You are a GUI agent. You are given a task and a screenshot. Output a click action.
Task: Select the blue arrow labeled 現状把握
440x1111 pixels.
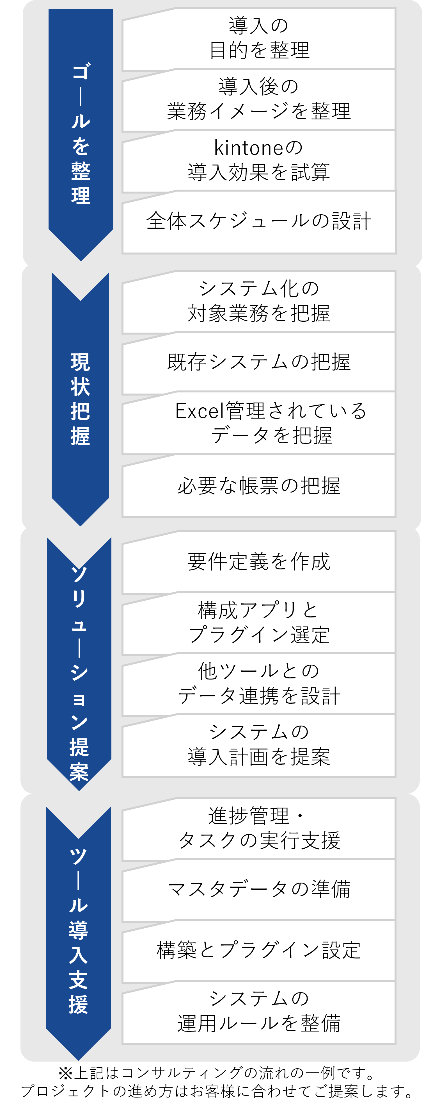pos(80,399)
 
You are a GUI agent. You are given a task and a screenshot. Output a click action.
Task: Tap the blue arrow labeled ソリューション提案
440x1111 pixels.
pos(79,664)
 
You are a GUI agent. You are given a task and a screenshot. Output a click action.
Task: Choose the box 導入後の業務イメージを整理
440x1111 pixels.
pos(259,99)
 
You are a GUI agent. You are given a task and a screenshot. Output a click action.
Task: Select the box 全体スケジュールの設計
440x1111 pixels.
pos(259,222)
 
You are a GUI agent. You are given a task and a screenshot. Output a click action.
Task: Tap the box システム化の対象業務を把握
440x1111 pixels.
pos(259,301)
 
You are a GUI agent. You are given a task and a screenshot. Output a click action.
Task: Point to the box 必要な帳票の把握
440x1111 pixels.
pos(259,486)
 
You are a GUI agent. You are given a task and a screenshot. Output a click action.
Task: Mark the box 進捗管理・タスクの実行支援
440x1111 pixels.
pos(259,828)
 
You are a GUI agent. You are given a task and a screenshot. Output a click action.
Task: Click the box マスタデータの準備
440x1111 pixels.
pos(259,889)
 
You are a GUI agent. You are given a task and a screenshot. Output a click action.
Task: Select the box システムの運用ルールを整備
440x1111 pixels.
pos(259,1011)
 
